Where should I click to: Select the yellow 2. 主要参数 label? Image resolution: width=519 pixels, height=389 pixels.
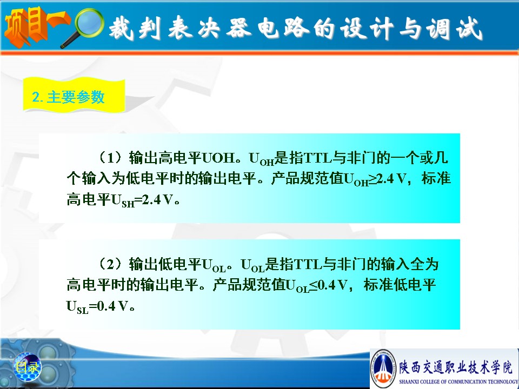(74, 96)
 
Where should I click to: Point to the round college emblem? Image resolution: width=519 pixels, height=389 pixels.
(383, 368)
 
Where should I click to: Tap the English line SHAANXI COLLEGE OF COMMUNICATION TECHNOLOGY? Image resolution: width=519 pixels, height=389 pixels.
(458, 381)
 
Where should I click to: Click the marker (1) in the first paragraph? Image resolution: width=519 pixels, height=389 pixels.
(110, 158)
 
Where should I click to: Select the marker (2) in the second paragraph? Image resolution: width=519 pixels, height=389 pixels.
(110, 264)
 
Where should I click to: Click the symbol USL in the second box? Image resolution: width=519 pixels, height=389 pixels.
(77, 307)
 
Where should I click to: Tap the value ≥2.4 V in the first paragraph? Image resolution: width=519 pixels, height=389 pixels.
(387, 179)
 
